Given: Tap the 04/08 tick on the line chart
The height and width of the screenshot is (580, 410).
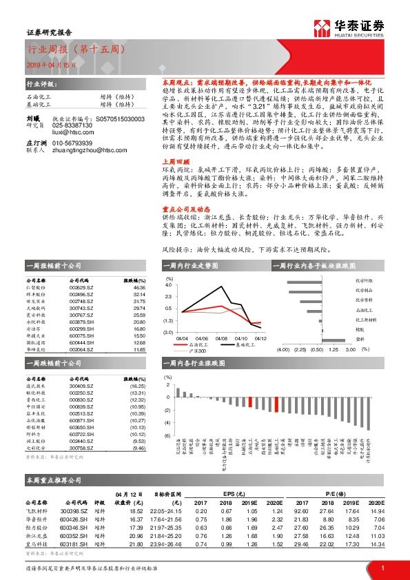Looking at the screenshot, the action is coord(221,338).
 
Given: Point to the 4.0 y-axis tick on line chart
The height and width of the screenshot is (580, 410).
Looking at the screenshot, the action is coord(168,284).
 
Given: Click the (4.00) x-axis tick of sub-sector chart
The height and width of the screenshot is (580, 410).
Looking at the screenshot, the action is coord(283,349).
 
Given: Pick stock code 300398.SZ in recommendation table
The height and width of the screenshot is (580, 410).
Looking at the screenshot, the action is coord(74,510).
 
